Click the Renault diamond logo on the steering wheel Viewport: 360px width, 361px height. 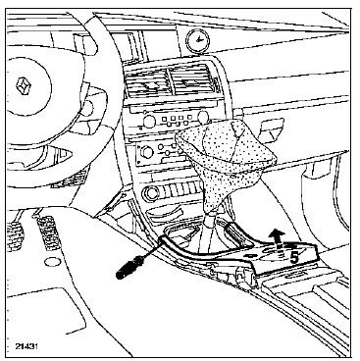pos(25,86)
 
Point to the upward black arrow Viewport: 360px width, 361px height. pos(278,241)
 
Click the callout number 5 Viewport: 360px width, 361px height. pos(294,258)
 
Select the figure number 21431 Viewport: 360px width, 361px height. pos(26,346)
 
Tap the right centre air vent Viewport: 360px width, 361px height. pos(191,81)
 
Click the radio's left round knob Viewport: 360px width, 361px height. pos(150,122)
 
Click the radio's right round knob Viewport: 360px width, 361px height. pos(203,115)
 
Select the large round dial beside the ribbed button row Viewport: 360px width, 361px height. pos(151,194)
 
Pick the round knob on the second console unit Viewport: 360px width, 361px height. pos(146,152)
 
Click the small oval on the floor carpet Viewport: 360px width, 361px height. pos(51,261)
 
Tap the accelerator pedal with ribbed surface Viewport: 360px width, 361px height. pos(48,233)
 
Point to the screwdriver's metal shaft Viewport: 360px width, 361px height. pos(150,251)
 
